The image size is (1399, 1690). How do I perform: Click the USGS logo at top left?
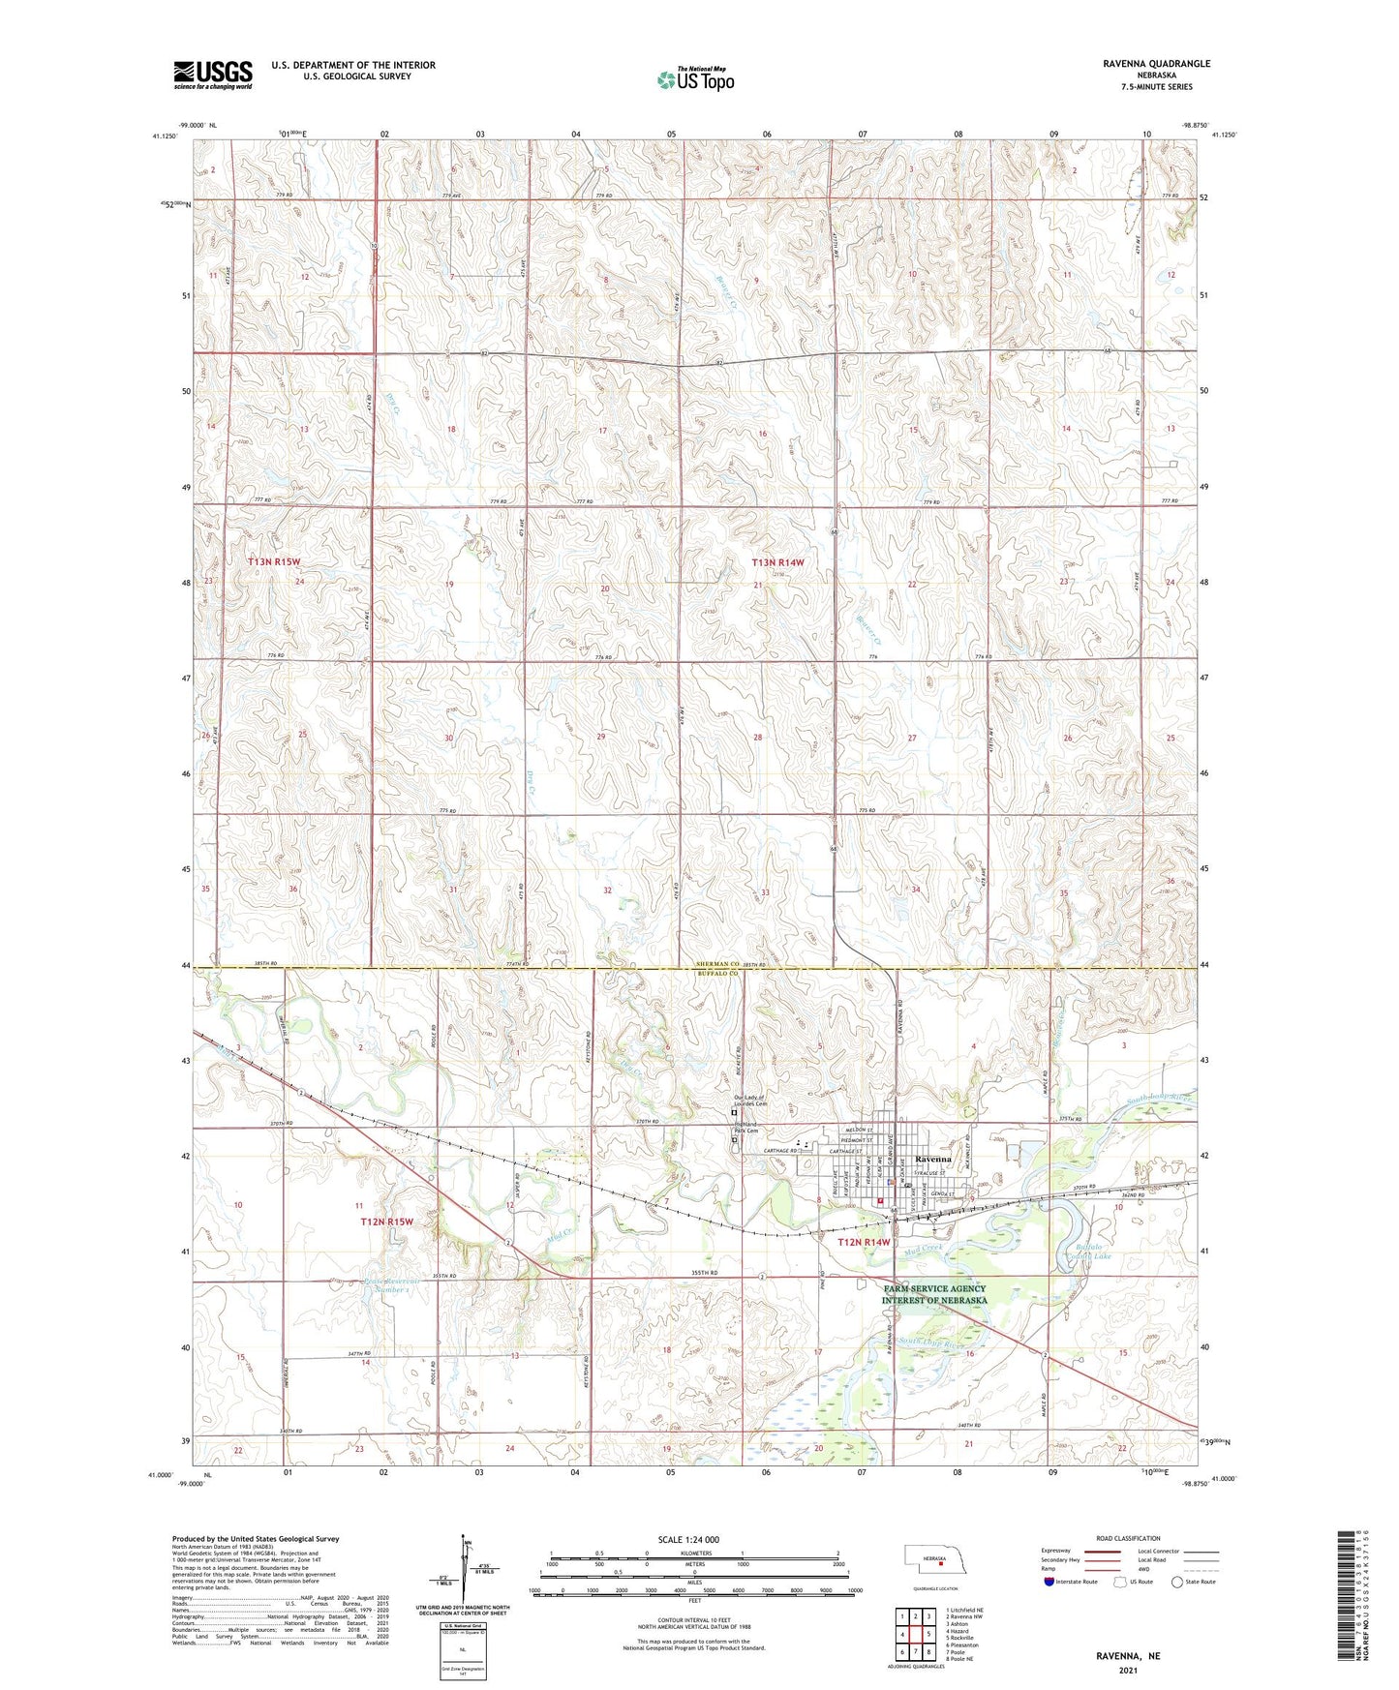tap(213, 75)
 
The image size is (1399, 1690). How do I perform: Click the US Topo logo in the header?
tap(694, 79)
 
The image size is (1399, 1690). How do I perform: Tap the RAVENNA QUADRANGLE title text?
tap(1156, 63)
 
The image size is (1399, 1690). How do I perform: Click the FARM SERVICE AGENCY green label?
tap(934, 1294)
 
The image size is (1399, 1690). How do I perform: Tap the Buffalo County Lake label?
tap(1095, 1252)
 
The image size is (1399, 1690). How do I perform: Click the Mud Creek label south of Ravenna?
tap(923, 1249)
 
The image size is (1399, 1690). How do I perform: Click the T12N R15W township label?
tap(386, 1222)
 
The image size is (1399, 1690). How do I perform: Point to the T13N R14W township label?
tap(778, 562)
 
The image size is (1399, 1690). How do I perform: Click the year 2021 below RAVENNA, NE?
tap(1127, 1670)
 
